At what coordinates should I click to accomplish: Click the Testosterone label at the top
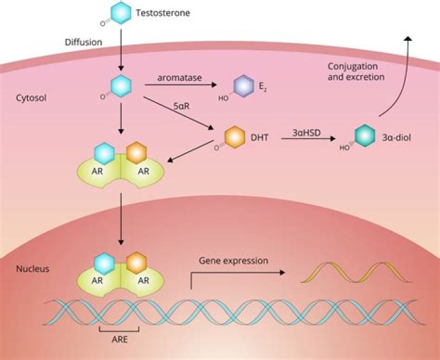click(x=163, y=13)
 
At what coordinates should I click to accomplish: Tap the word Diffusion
click(x=84, y=42)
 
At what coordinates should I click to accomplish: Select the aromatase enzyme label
click(x=180, y=78)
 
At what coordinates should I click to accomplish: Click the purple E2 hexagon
click(x=244, y=86)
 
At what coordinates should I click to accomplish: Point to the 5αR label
click(x=182, y=106)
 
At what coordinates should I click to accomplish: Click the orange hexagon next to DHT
click(x=235, y=137)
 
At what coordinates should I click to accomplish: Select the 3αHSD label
click(x=306, y=133)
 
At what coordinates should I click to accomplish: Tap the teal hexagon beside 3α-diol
click(x=364, y=136)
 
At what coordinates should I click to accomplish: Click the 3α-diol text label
click(x=397, y=138)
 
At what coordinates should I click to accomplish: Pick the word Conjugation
click(x=353, y=67)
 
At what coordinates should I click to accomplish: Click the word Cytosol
click(x=31, y=98)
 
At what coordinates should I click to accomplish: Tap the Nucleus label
click(x=32, y=269)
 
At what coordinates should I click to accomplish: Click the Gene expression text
click(x=233, y=260)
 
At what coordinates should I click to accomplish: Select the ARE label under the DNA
click(x=120, y=339)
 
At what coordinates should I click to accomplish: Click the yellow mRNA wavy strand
click(x=356, y=272)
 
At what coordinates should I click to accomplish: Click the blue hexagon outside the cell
click(x=120, y=13)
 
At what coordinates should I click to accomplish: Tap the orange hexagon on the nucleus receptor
click(x=136, y=263)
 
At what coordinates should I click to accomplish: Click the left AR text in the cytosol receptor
click(x=97, y=171)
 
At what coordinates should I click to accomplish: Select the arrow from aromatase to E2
click(x=181, y=84)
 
